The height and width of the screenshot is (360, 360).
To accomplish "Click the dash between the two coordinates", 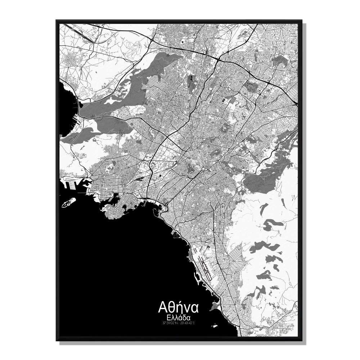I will pos(179,323).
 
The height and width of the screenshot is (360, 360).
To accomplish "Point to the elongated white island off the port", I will pos(68,202).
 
